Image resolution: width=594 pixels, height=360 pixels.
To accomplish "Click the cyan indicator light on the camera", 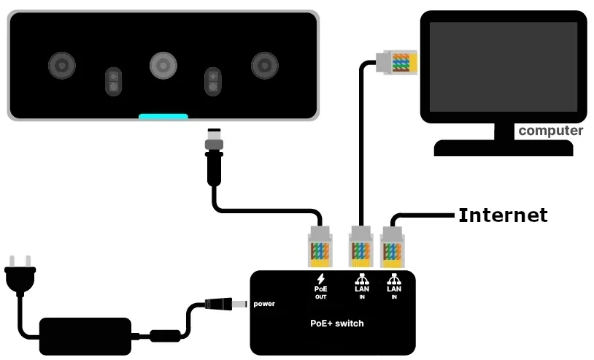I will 163,116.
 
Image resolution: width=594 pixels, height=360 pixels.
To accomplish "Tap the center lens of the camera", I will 163,66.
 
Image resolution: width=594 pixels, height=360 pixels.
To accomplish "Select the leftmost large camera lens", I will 62,66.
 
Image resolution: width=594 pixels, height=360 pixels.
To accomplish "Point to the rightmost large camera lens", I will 264,66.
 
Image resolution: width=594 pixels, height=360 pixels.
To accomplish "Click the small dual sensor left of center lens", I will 113,81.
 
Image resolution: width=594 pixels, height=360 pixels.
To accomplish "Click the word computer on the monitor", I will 550,131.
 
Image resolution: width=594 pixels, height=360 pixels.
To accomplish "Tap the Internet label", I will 502,215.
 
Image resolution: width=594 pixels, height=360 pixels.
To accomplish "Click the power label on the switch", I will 264,304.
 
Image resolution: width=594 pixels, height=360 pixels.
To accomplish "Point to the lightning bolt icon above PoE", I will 320,278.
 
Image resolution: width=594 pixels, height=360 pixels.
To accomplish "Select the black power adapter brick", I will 85,336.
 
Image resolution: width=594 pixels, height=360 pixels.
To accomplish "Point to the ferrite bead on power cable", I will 165,336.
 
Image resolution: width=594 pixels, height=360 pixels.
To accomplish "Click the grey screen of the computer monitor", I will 503,66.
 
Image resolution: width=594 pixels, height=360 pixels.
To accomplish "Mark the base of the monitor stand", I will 504,148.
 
